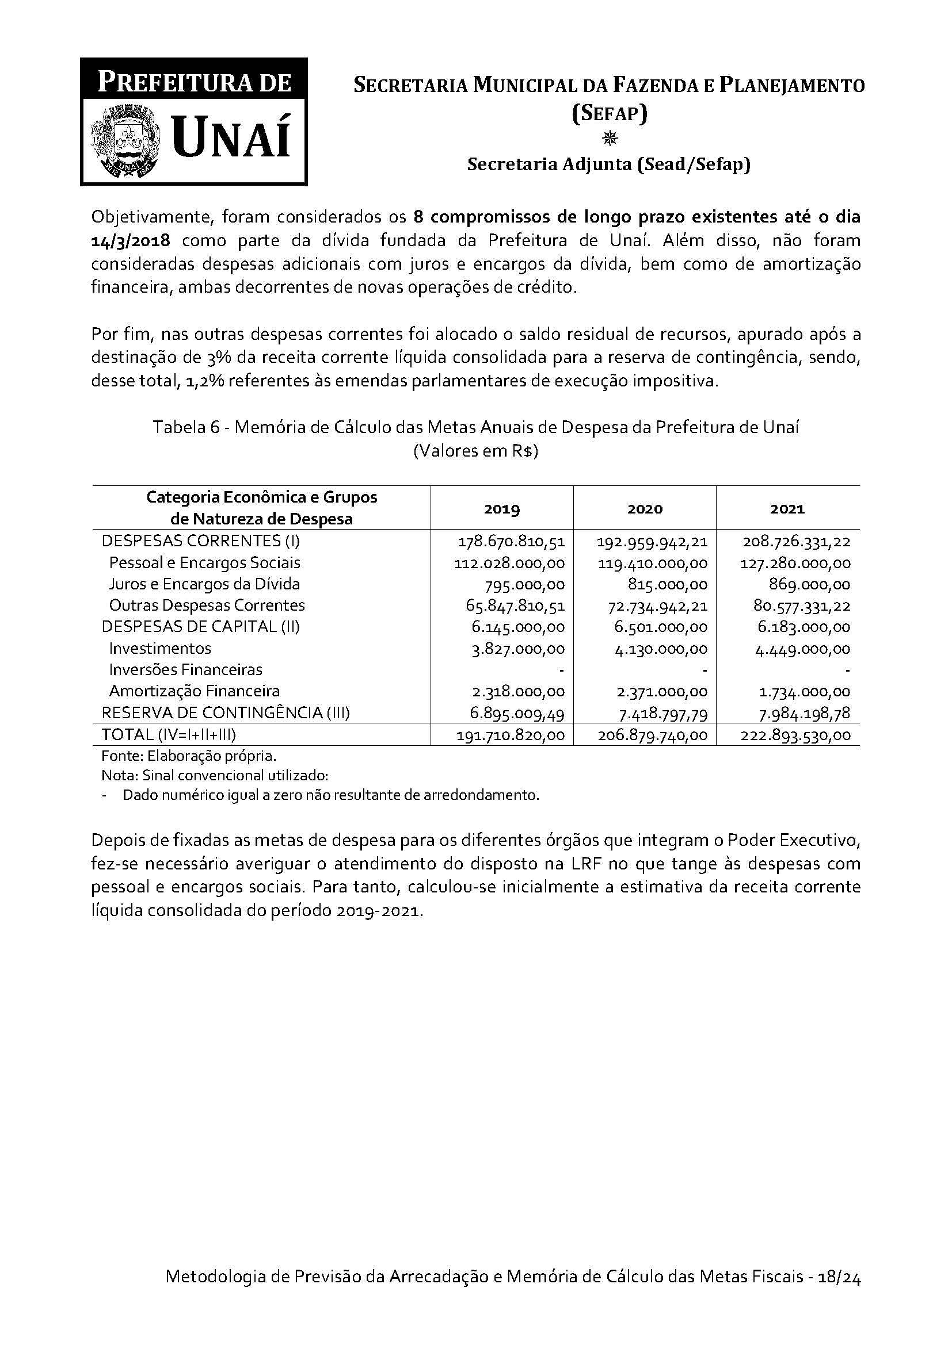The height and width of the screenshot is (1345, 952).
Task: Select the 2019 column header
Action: tap(502, 508)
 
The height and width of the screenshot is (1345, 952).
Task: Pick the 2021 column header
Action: tap(787, 508)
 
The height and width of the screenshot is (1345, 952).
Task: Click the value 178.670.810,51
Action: tap(511, 541)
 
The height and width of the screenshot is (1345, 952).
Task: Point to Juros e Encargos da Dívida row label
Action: tap(204, 584)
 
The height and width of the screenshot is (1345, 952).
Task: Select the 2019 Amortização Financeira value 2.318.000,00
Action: tap(518, 692)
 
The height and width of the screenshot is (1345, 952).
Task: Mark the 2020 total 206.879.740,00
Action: tap(653, 736)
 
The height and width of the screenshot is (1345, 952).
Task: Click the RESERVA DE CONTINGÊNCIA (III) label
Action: tap(226, 713)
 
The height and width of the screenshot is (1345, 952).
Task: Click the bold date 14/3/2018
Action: tap(130, 241)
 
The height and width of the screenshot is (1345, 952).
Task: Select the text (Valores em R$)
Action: tap(475, 452)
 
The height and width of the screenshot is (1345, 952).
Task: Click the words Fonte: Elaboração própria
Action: tap(189, 756)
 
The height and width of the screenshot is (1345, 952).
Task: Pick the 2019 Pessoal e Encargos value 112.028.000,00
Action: tap(509, 564)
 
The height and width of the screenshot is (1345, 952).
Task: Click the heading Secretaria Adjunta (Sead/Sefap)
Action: tap(608, 165)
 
